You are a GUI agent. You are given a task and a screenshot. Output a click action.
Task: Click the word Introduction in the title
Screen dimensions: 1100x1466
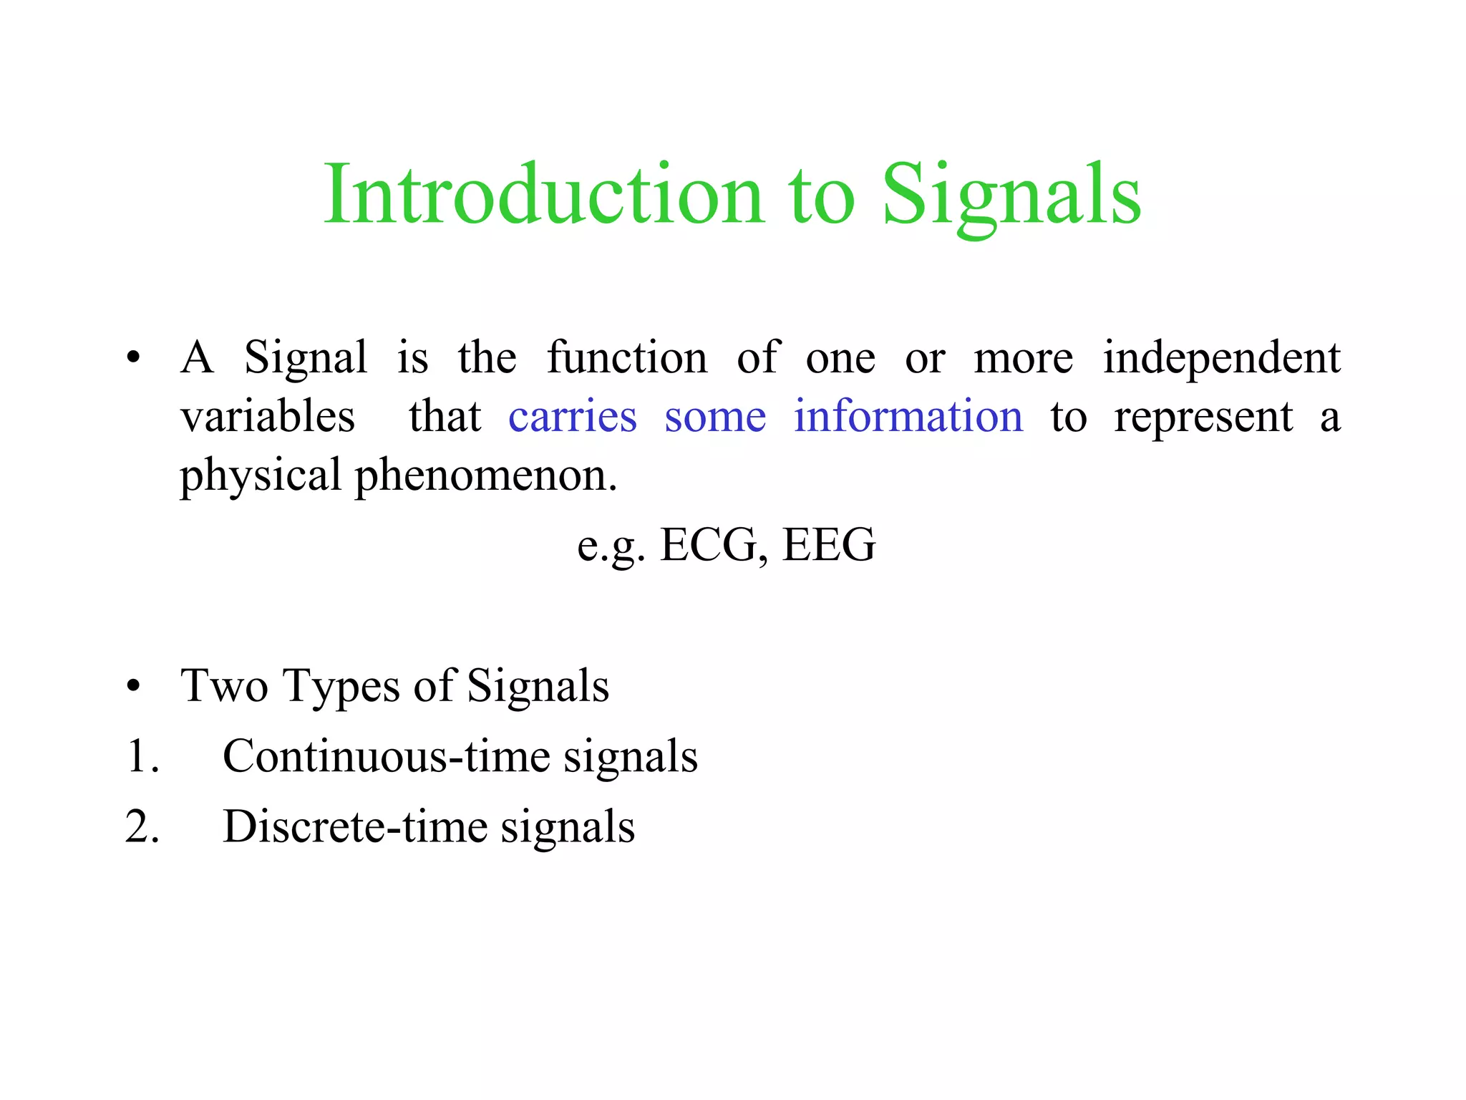click(544, 195)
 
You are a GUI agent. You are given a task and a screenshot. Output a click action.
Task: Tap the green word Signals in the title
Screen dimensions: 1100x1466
click(1011, 195)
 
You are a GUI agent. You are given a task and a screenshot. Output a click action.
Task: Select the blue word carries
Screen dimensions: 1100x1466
click(572, 417)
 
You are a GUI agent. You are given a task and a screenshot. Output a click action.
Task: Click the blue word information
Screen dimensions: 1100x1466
click(908, 417)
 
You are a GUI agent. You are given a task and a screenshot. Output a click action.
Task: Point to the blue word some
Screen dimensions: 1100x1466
click(715, 417)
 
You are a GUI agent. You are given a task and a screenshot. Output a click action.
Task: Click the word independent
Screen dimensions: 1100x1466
click(1221, 358)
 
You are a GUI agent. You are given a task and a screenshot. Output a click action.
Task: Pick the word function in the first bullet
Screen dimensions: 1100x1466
click(627, 358)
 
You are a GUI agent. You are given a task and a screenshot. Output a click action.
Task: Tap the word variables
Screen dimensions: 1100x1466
click(268, 417)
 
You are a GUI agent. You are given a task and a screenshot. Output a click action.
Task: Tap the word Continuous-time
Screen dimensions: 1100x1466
click(387, 757)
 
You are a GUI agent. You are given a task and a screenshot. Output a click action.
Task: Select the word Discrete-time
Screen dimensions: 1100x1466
click(355, 827)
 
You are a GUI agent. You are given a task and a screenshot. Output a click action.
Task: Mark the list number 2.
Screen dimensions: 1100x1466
click(139, 827)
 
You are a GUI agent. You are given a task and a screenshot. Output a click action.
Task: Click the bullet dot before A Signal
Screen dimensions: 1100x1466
click(133, 359)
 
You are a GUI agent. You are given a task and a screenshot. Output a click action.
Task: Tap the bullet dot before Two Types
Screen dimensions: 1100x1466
click(133, 687)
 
